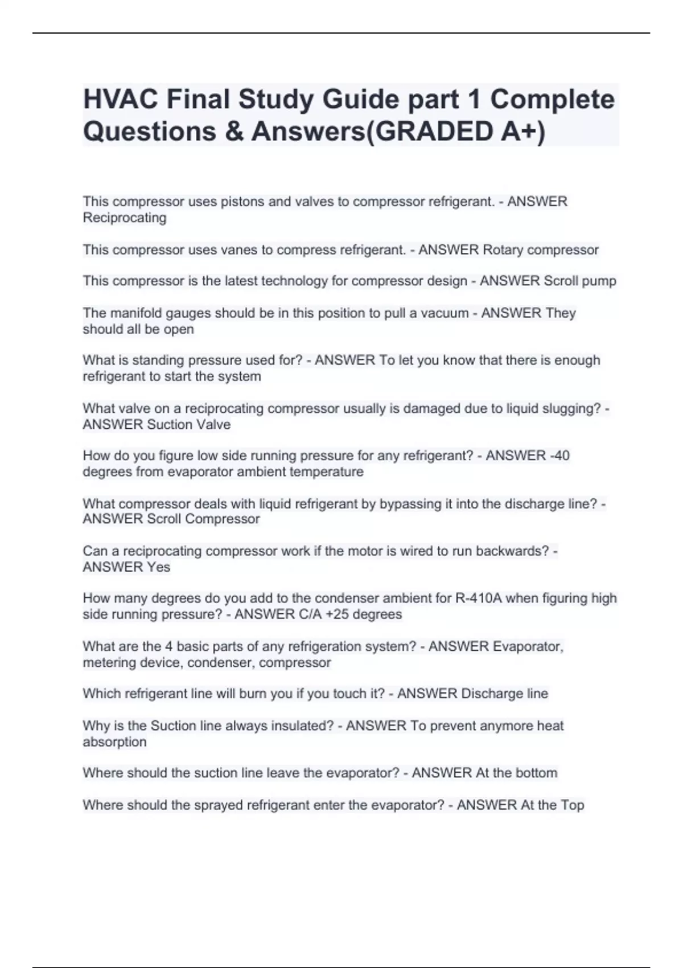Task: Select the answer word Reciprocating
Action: tap(125, 218)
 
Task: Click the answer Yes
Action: tap(159, 567)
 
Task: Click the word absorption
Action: tap(114, 741)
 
